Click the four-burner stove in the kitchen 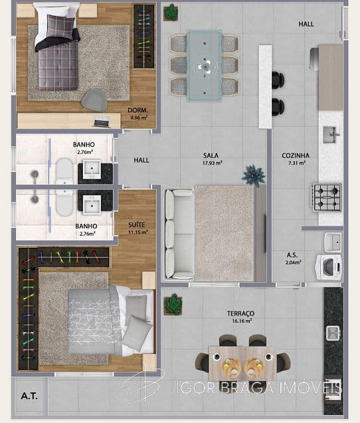point(327,197)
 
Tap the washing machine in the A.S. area point(328,268)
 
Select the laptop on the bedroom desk point(102,122)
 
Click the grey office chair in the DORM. point(94,100)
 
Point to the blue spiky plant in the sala point(253,176)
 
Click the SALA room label point(211,155)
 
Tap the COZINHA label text point(296,155)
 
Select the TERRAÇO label point(240,313)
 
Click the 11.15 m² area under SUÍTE point(138,232)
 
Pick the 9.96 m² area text point(139,118)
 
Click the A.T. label point(29,396)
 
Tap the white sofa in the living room point(179,234)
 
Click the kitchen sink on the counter point(331,134)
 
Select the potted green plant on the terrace point(173,304)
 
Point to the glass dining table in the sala point(205,66)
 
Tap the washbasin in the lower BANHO point(92,205)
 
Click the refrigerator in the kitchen point(314,59)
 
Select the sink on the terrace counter point(333,333)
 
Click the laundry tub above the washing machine point(333,242)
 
